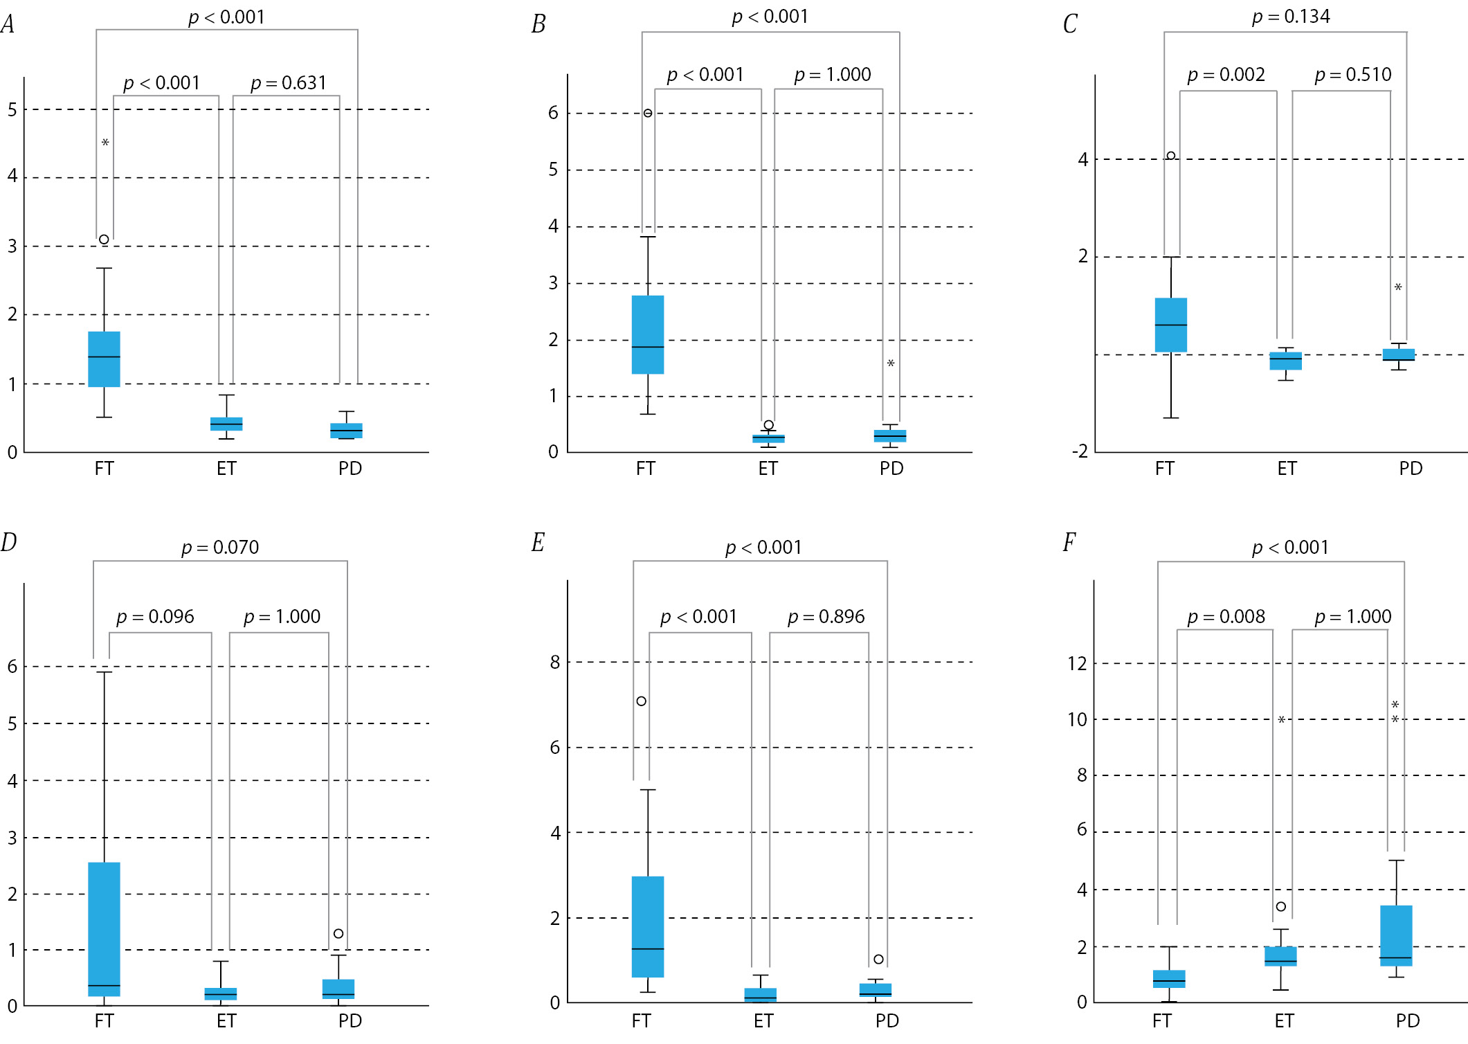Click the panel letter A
pos(8,24)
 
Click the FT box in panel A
pos(104,359)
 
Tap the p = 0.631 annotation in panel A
pos(288,83)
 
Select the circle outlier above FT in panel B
pos(648,113)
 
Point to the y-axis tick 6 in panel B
pos(553,113)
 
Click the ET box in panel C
pos(1285,361)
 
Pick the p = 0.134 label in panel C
pos(1291,17)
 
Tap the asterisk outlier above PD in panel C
pos(1398,287)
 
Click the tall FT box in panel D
pos(104,929)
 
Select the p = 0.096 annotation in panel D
pos(155,617)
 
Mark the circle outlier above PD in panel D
pos(338,933)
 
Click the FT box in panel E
pos(648,926)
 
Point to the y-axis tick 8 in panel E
pos(555,663)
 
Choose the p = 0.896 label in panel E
pos(826,617)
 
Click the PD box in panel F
pos(1396,935)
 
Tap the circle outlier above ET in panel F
pos(1281,906)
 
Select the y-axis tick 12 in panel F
pos(1077,664)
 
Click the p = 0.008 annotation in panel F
pos(1226,617)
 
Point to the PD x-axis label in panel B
pos(891,469)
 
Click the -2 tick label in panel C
pos(1080,452)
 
